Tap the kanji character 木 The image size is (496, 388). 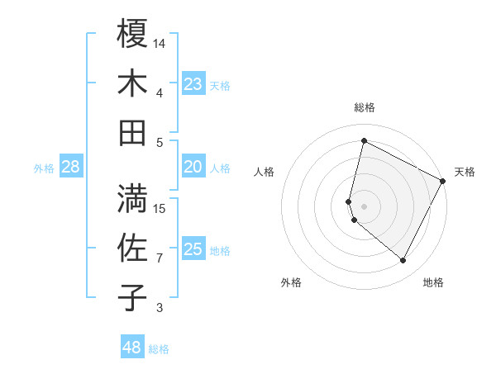point(132,83)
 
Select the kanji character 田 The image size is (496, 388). point(132,132)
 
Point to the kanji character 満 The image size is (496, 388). point(132,199)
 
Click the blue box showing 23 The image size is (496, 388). point(193,83)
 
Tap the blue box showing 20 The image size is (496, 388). point(193,167)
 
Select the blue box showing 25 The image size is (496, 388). point(193,249)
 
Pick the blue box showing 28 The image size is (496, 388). point(71,168)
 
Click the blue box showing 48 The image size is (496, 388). point(132,348)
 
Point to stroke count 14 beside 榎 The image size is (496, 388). point(160,42)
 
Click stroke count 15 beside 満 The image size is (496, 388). point(160,208)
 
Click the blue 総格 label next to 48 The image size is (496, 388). point(159,349)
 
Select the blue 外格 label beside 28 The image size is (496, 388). point(44,168)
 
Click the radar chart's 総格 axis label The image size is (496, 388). point(365,107)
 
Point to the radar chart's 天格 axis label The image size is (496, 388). point(465,172)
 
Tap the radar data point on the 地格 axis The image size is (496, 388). point(403,261)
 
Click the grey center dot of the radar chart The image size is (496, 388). point(364,206)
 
